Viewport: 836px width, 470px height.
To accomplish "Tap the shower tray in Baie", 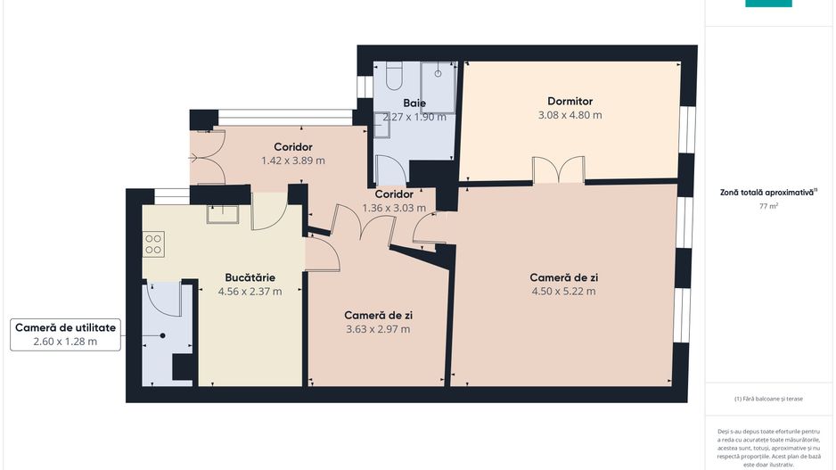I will click(x=438, y=86).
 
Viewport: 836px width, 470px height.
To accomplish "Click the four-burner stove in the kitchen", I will click(x=153, y=243).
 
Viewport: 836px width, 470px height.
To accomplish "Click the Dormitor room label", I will click(x=570, y=101).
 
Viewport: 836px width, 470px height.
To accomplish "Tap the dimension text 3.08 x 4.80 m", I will click(x=570, y=115).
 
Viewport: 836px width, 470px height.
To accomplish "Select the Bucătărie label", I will click(x=250, y=276).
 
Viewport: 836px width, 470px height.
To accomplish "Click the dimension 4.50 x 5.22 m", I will click(x=563, y=291).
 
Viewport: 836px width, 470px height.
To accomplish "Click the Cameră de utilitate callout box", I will click(x=66, y=334).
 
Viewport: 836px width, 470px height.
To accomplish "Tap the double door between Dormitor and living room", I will click(x=558, y=171).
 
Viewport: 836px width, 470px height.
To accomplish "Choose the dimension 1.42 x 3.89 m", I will click(x=292, y=161).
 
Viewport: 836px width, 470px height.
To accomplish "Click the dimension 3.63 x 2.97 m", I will click(x=378, y=329).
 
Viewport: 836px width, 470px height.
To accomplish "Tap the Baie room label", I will click(x=414, y=103).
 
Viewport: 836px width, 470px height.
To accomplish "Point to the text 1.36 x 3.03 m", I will click(x=393, y=208).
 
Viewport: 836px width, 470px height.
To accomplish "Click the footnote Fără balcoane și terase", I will click(x=768, y=399).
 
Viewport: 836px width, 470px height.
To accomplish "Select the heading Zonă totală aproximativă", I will click(x=767, y=192).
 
